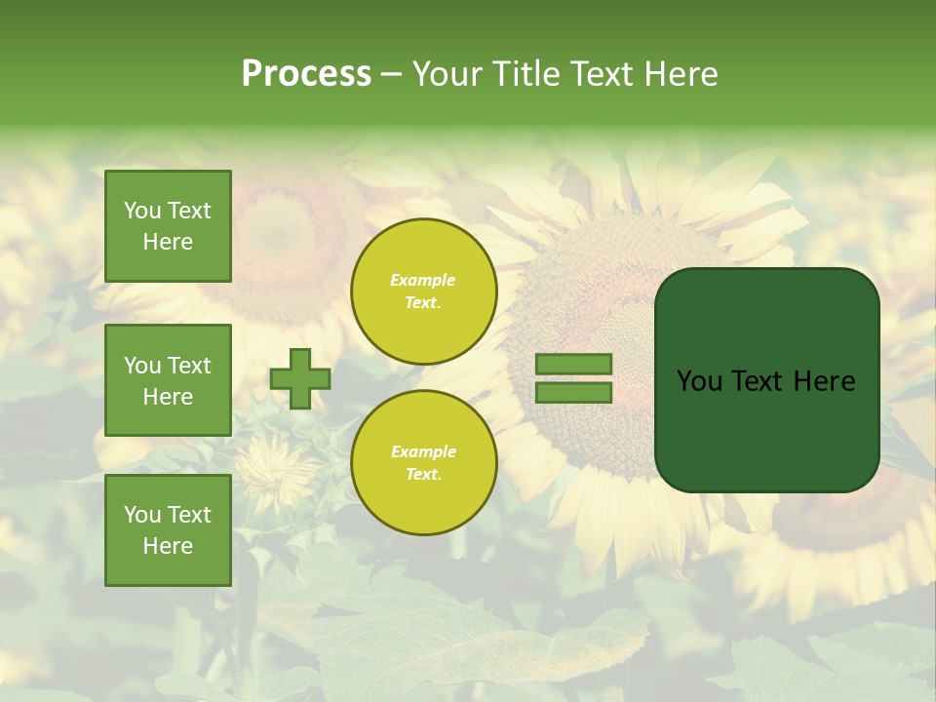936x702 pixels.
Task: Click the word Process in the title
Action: (306, 74)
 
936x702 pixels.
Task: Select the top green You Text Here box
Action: (168, 226)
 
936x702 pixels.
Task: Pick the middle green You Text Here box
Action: (168, 380)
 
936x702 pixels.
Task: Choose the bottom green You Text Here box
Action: (168, 529)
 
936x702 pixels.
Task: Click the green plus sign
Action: (300, 378)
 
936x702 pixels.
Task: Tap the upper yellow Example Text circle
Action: (424, 292)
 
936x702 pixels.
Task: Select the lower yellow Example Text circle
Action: (424, 463)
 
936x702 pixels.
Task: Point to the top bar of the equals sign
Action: (573, 365)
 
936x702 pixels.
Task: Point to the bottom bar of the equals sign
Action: (573, 392)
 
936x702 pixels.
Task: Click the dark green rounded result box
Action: (766, 379)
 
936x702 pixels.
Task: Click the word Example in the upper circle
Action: (423, 280)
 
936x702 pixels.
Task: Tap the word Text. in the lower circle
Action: (423, 475)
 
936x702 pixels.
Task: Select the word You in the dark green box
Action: (700, 381)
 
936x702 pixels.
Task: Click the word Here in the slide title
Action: (682, 74)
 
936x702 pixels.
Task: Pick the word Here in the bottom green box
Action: (168, 546)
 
